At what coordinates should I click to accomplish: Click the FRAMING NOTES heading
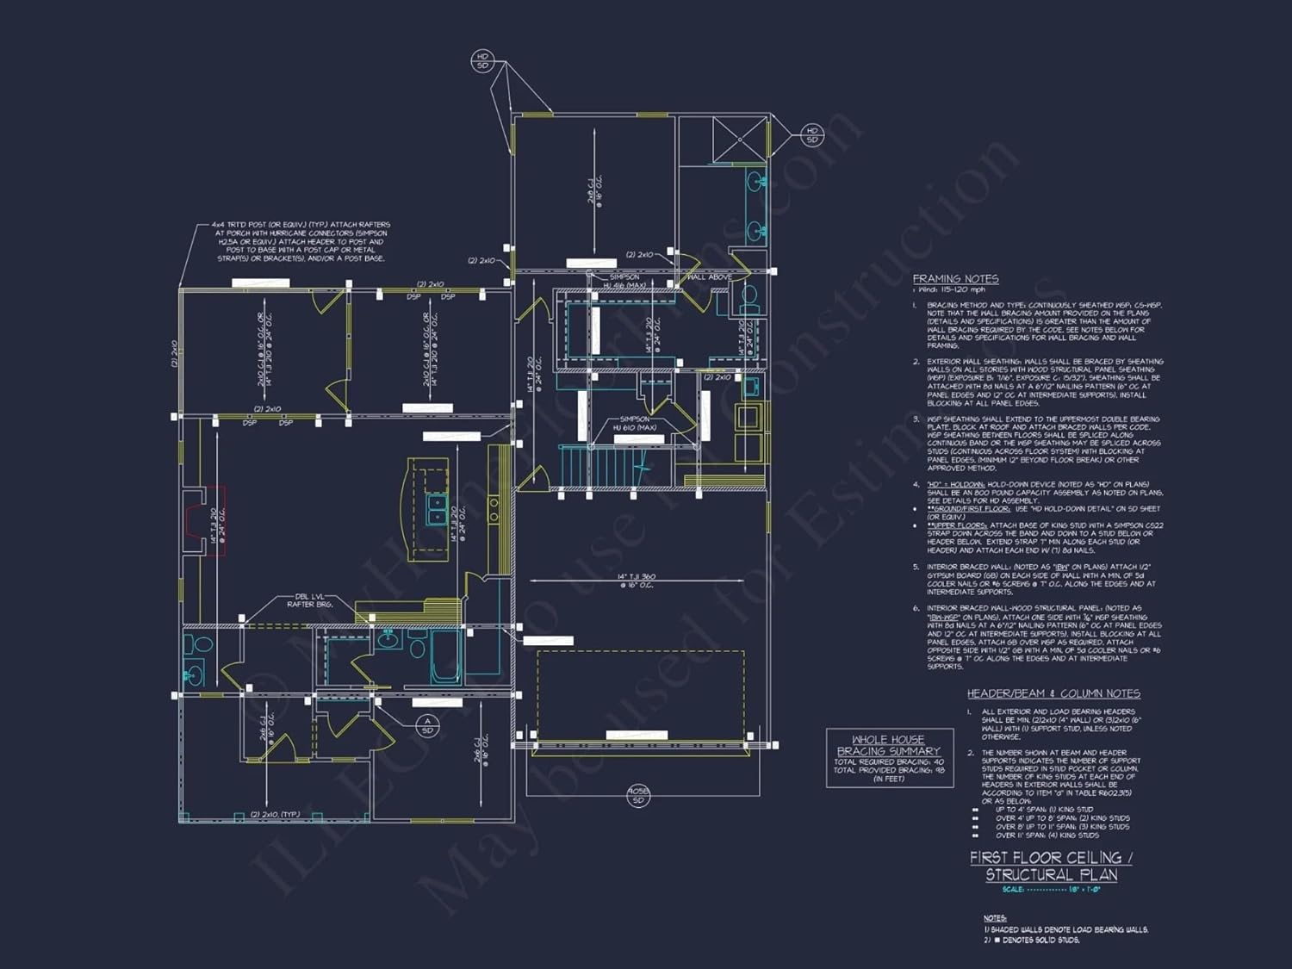tap(955, 278)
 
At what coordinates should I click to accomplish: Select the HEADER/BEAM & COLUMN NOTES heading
tap(1053, 693)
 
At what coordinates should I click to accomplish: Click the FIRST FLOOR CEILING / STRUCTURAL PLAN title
tap(1051, 866)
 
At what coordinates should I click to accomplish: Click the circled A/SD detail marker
tap(427, 725)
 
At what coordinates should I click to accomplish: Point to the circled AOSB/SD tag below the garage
tap(637, 795)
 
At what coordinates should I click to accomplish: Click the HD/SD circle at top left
tap(482, 60)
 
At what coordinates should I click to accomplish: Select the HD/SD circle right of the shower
tap(811, 135)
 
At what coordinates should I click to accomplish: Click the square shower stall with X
tap(739, 139)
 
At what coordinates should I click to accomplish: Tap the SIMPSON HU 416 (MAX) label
tap(624, 281)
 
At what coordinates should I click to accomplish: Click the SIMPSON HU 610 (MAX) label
tap(635, 423)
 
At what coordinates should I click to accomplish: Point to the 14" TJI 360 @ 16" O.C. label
tap(636, 581)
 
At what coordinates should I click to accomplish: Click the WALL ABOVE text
tap(710, 276)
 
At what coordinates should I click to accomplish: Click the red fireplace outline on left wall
tap(214, 520)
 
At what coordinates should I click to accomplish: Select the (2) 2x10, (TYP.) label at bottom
tap(275, 814)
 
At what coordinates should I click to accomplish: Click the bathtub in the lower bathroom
tap(445, 656)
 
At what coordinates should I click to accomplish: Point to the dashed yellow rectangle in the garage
tap(640, 694)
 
